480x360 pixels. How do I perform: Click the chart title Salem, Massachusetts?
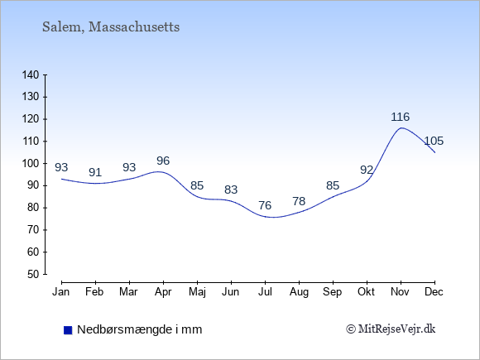tap(111, 27)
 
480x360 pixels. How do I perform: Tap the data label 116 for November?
tap(401, 117)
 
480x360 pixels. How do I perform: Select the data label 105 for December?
tap(434, 142)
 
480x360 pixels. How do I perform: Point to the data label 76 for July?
tap(265, 205)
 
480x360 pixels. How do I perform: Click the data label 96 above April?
tap(163, 161)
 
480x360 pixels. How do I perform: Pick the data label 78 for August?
tap(299, 201)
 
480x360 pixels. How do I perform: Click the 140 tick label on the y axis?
tap(31, 74)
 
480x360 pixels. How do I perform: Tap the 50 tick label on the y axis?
tap(34, 274)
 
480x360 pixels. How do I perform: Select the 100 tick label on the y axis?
tap(31, 164)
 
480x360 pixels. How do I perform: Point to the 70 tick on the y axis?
tap(45, 230)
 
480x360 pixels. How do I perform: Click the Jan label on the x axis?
tap(61, 292)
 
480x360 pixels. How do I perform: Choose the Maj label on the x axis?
tap(197, 292)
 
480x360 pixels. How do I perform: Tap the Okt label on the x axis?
tap(366, 292)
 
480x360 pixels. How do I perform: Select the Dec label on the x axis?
tap(434, 292)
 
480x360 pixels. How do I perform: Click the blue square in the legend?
tap(68, 330)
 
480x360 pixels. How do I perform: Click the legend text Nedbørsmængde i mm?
tap(140, 329)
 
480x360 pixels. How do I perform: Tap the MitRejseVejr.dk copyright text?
tap(391, 329)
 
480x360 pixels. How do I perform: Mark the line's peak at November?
tap(401, 128)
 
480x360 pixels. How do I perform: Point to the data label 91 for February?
tap(95, 172)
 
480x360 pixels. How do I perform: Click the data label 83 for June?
tap(231, 190)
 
